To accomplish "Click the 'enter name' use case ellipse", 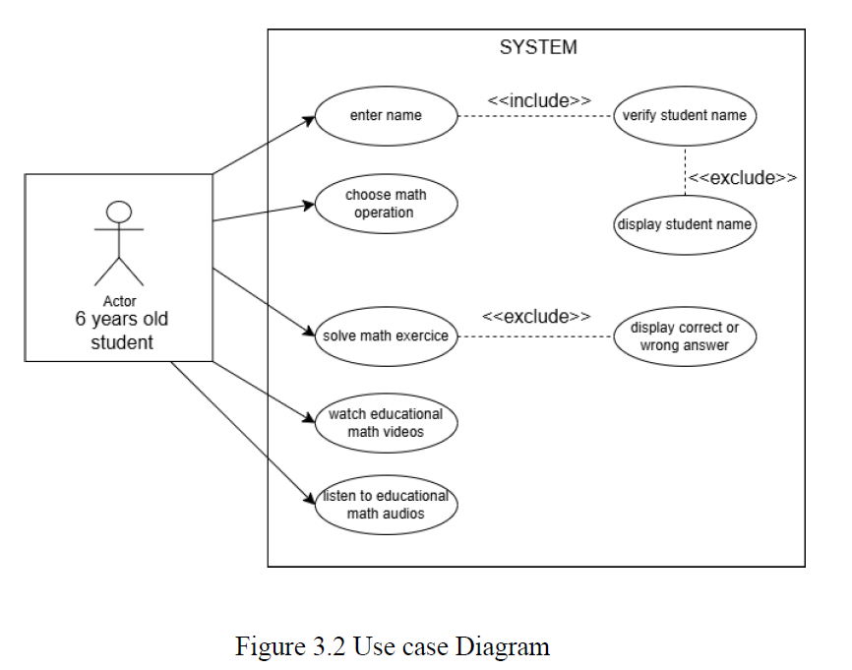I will point(386,116).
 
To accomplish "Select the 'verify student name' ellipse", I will point(684,116).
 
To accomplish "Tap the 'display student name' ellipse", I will point(684,224).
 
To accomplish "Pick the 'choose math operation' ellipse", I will point(386,204).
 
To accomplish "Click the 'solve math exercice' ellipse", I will point(386,336).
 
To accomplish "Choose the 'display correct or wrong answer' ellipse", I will point(684,336).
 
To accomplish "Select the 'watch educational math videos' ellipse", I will point(386,422).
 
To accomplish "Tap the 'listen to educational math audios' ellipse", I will point(386,505).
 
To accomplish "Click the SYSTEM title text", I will point(538,47).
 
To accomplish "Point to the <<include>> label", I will point(539,100).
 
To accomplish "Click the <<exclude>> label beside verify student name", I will point(742,178).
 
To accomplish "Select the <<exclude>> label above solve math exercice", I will point(536,317).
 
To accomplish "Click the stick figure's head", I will point(119,211).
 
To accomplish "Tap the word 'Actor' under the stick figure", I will point(119,301).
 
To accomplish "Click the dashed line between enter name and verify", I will point(536,117).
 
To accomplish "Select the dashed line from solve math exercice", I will point(536,337).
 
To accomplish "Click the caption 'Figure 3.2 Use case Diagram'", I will point(392,646).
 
